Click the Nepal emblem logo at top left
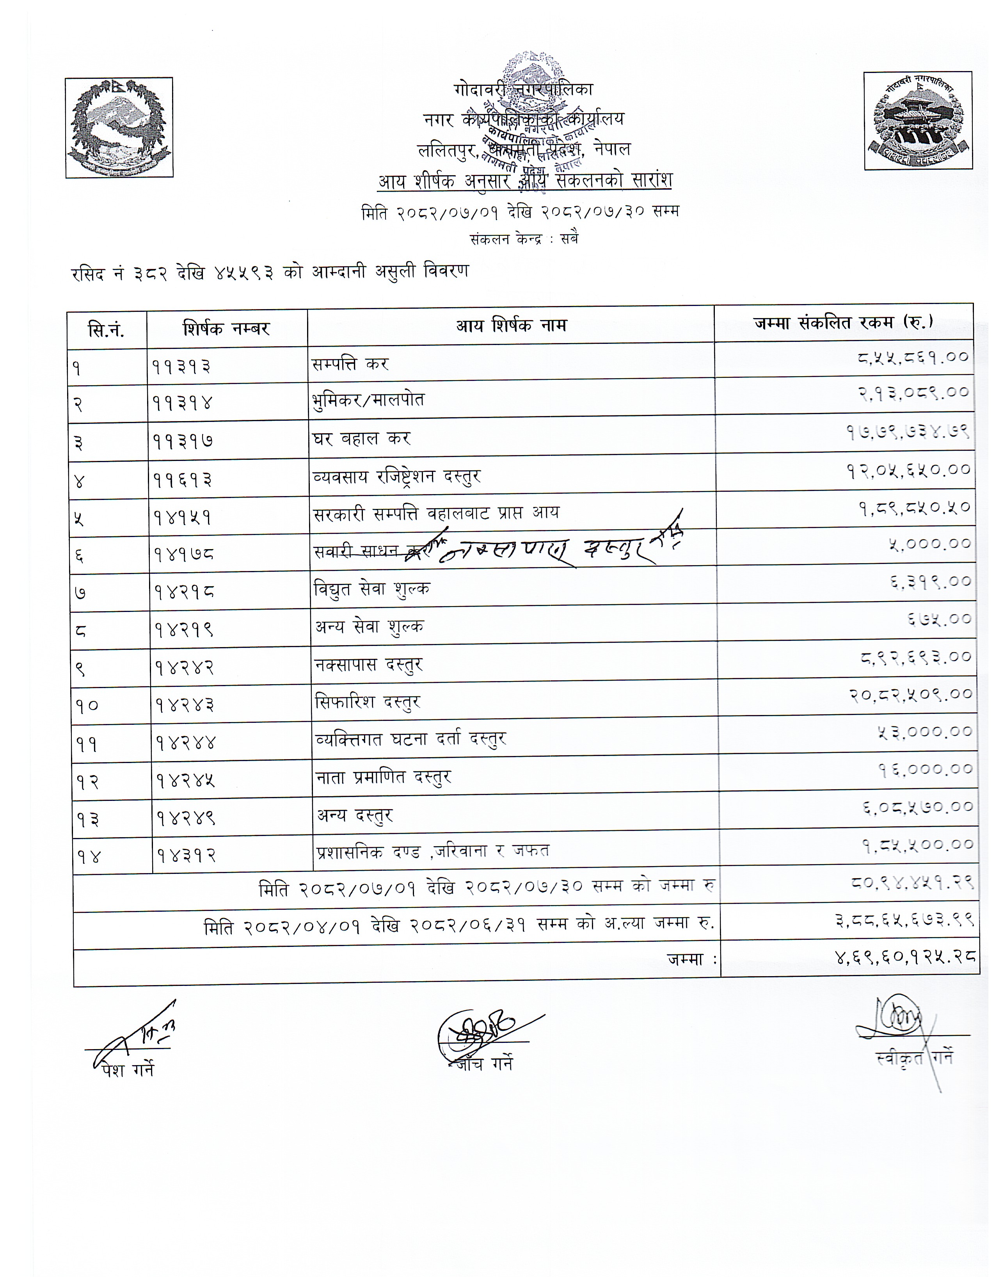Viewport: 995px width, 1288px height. (119, 127)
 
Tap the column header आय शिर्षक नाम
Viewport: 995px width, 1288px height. (510, 326)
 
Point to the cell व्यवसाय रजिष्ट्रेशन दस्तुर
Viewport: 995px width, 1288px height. (397, 476)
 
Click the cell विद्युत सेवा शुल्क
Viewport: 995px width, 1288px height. (372, 589)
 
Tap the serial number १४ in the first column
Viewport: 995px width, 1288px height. (89, 857)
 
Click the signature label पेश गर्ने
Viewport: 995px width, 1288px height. (128, 1069)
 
